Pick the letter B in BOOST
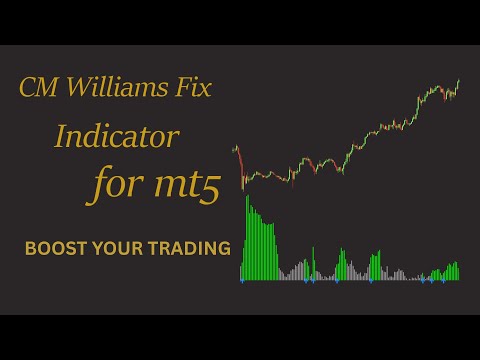(x=30, y=246)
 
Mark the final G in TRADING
(x=222, y=246)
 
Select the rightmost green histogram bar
(x=458, y=271)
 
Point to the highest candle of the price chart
(x=459, y=82)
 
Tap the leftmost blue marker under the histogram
(x=242, y=282)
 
